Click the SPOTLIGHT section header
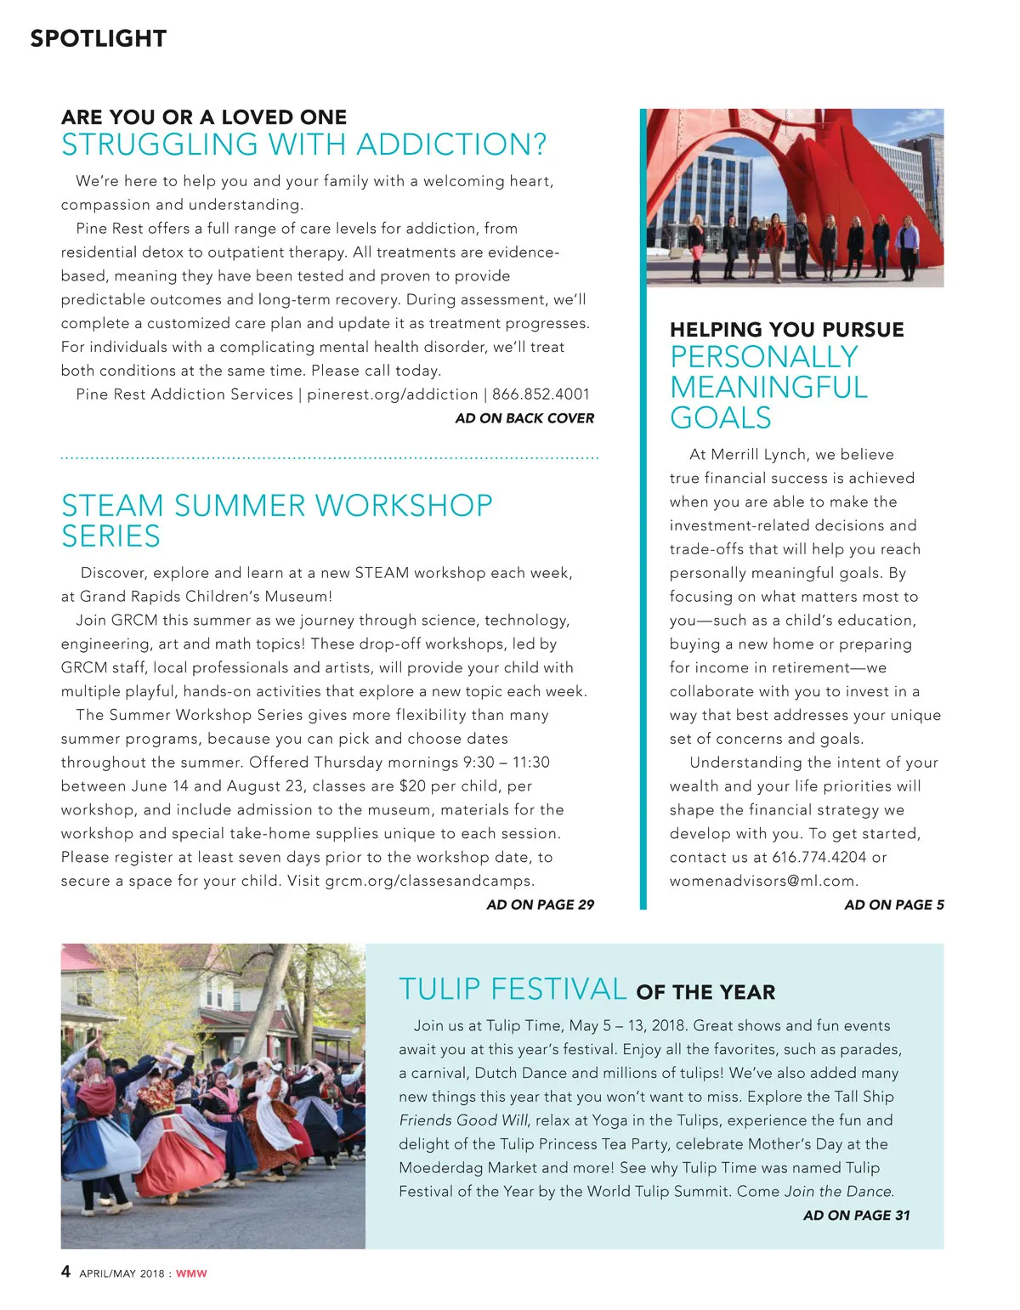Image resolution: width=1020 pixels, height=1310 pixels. tap(98, 38)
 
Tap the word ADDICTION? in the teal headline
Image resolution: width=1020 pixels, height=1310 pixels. tap(451, 145)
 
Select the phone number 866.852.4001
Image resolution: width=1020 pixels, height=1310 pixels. tap(541, 394)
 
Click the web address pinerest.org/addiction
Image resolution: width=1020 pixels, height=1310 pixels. tap(392, 394)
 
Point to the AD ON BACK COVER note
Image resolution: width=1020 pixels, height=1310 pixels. tap(524, 418)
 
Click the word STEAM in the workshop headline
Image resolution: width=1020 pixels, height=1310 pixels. tap(112, 506)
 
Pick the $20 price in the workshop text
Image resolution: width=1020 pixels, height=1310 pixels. tap(412, 786)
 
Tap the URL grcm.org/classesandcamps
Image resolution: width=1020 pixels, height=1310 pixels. tap(429, 881)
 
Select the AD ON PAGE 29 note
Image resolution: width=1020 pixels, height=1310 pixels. tap(540, 905)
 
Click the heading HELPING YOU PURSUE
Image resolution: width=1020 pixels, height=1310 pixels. tap(786, 330)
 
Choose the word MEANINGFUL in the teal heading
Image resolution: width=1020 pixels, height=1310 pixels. tap(768, 388)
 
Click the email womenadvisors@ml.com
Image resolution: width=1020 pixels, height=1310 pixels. tap(763, 881)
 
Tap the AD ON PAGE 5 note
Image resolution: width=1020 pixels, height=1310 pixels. tap(893, 905)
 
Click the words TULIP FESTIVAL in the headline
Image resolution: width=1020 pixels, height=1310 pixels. tap(513, 990)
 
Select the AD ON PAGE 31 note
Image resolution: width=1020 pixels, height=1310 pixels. tap(856, 1216)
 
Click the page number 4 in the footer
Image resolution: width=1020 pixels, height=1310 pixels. tap(66, 1272)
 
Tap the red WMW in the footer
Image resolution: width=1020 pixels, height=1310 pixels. tap(191, 1273)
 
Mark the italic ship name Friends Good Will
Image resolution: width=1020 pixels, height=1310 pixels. tap(463, 1120)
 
